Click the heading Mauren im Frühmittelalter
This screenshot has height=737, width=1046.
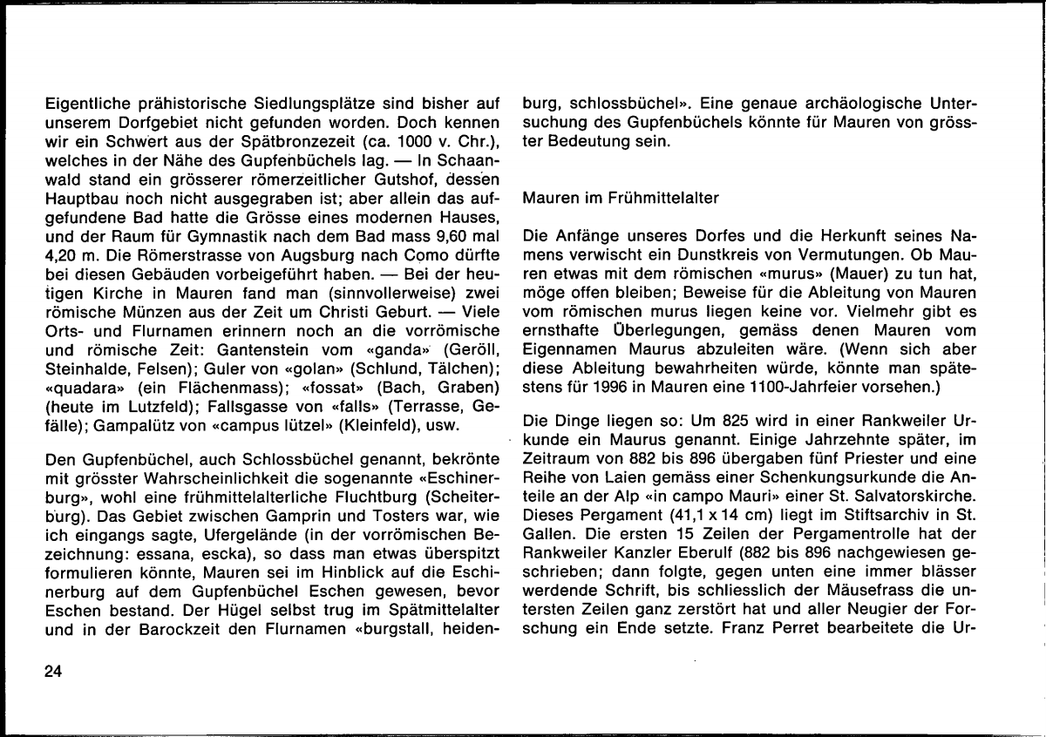[621, 198]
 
